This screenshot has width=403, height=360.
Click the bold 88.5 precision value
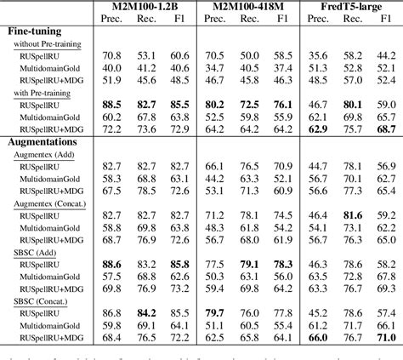pyautogui.click(x=114, y=104)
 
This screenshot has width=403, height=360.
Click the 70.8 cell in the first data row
pyautogui.click(x=114, y=54)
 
